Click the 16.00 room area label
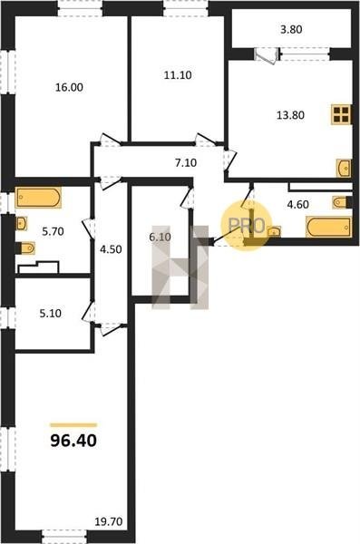(70, 87)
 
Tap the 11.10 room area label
(178, 75)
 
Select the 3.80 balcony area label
(291, 30)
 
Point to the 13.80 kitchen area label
(290, 115)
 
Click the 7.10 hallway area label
(186, 162)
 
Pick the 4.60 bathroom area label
(297, 204)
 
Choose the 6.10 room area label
(160, 238)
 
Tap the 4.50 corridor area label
(111, 249)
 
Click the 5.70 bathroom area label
(54, 231)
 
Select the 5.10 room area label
(51, 314)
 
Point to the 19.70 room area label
(109, 521)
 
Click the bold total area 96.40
(73, 441)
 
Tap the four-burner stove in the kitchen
(341, 114)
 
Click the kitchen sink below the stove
(344, 169)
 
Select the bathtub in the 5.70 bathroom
(38, 198)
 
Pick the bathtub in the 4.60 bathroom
(329, 227)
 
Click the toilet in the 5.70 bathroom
(25, 248)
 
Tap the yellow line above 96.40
(73, 424)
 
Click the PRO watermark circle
(247, 226)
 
